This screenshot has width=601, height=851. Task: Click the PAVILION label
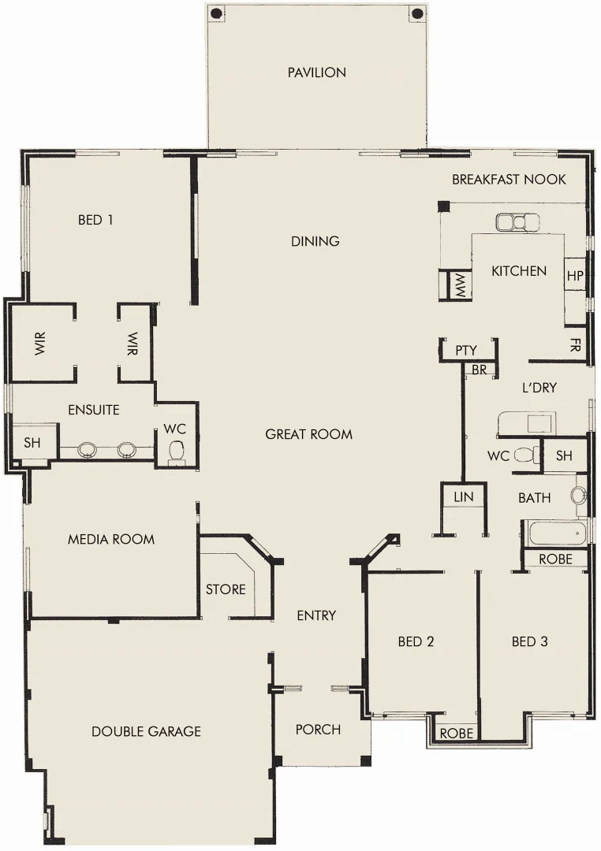316,72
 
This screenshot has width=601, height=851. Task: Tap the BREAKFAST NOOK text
509,180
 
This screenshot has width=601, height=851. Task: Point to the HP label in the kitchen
575,277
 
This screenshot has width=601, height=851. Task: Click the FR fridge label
575,345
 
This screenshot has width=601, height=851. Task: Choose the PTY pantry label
466,351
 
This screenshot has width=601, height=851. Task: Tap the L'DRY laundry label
539,388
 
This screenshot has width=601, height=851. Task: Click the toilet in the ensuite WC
177,452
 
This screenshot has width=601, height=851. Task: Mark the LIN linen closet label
464,497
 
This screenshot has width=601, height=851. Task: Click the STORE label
226,589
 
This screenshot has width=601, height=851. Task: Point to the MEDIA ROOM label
111,540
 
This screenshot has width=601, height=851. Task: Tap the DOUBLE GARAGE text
146,731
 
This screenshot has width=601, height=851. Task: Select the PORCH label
318,730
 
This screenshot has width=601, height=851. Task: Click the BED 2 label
416,641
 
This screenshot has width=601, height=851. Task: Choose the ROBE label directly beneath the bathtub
562,559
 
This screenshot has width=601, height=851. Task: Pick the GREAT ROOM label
308,434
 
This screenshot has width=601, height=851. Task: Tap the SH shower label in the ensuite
32,443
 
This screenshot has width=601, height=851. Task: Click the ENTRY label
316,615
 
